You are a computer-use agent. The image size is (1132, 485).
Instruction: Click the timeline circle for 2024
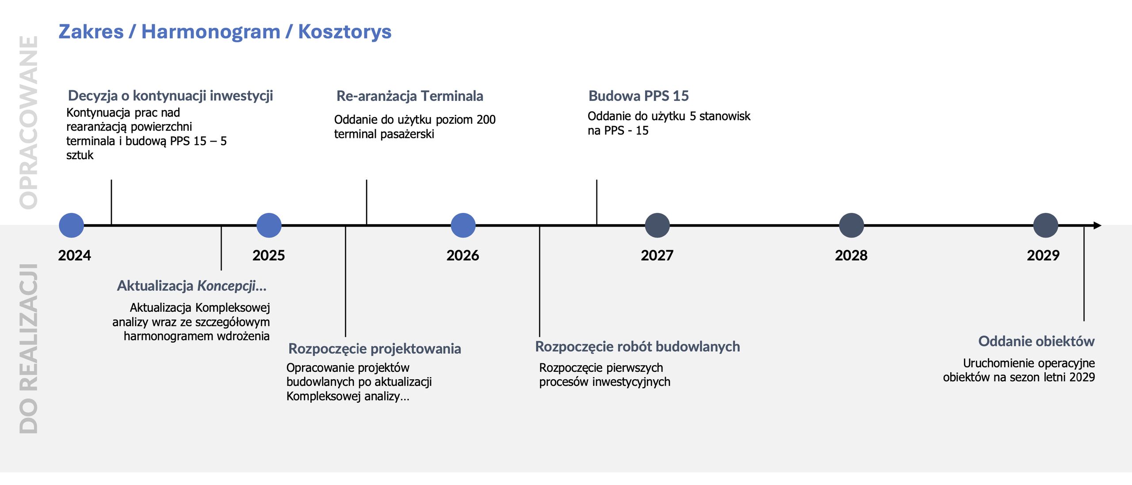[x=71, y=225]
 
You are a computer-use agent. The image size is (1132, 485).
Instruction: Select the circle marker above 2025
[x=269, y=225]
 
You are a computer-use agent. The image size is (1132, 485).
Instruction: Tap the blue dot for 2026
[x=463, y=225]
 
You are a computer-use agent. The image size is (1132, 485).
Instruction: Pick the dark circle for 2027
[x=657, y=225]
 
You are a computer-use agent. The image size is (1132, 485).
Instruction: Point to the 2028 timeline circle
[x=851, y=225]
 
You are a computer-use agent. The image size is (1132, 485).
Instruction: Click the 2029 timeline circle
[x=1045, y=225]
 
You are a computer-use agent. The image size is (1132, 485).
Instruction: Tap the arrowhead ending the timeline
[x=1097, y=225]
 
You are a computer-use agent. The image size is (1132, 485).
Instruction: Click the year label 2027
[x=657, y=256]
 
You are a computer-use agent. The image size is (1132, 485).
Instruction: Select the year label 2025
[x=268, y=256]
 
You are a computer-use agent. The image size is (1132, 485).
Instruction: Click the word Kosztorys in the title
[x=344, y=32]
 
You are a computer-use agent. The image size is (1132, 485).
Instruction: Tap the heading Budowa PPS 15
[x=638, y=96]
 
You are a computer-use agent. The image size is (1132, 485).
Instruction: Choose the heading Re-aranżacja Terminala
[x=409, y=96]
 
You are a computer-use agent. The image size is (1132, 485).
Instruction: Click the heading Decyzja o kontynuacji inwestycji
[x=170, y=95]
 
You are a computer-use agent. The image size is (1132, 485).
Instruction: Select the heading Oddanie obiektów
[x=1036, y=341]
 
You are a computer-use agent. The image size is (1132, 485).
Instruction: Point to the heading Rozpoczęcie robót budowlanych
[x=637, y=347]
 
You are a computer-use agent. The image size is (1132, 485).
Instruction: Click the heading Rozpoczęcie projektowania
[x=375, y=349]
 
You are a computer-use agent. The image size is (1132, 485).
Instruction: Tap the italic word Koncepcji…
[x=232, y=286]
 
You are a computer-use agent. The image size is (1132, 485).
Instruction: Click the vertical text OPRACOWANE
[x=29, y=122]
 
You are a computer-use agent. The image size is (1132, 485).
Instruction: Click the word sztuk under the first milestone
[x=80, y=155]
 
